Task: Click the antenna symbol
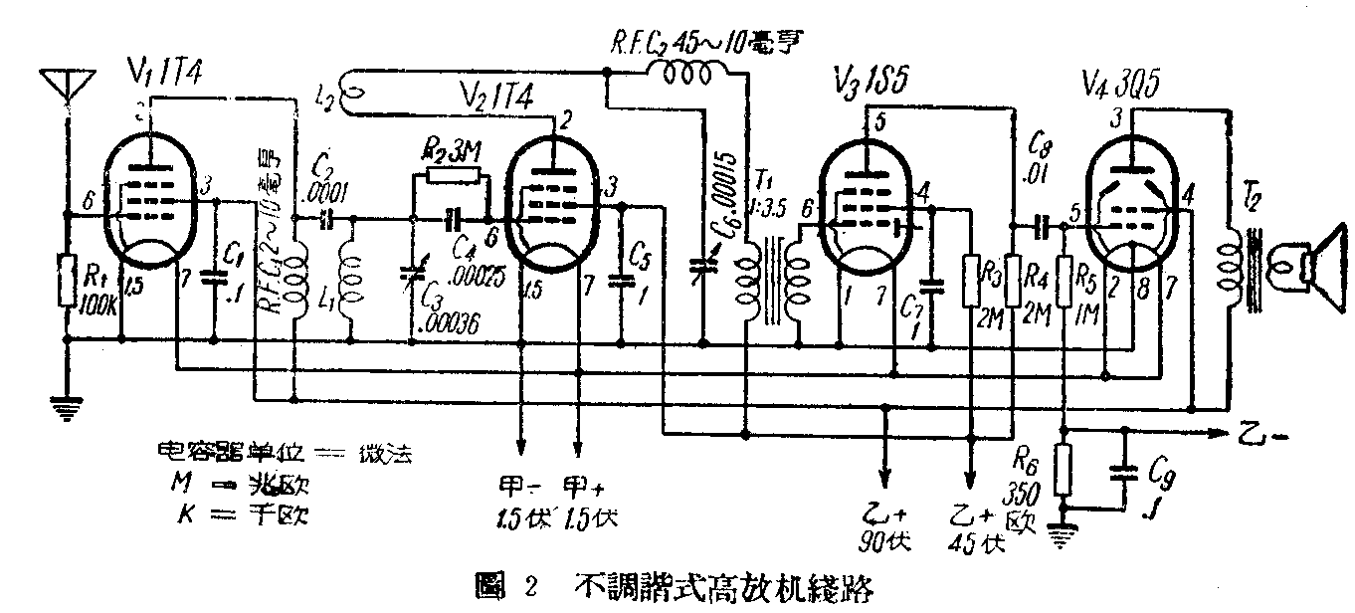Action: tap(67, 83)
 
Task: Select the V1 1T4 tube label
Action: tap(177, 73)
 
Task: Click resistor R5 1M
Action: tap(1065, 282)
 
